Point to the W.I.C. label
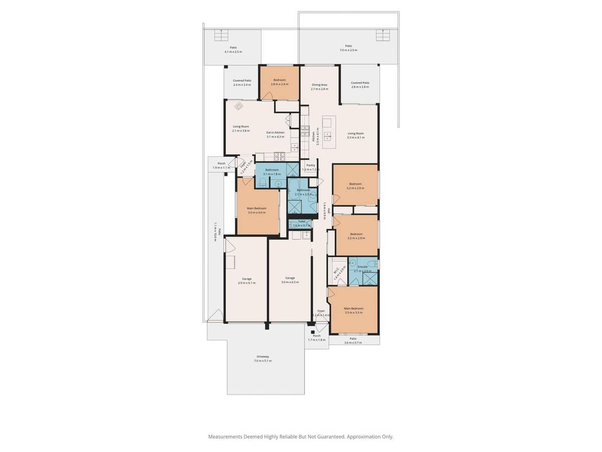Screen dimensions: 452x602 point(336,271)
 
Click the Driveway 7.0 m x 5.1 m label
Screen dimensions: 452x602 point(263,359)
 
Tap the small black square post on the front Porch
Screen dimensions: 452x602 point(312,331)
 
